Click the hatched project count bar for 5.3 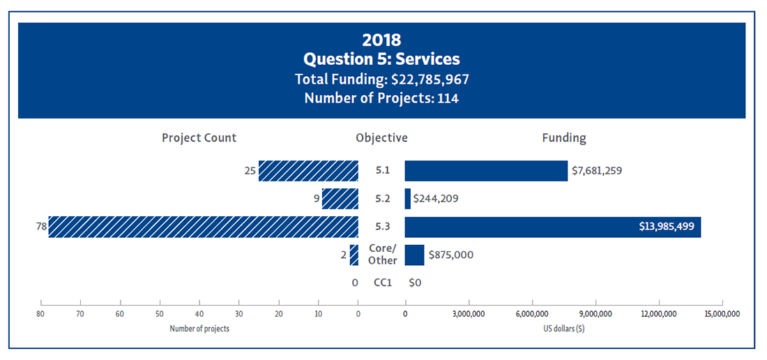[x=203, y=227]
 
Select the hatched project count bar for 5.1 [x=308, y=171]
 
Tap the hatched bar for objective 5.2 [x=340, y=199]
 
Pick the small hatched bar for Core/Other [x=354, y=255]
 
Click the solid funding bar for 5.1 [x=486, y=171]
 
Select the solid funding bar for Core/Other [x=414, y=255]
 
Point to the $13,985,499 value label [x=666, y=227]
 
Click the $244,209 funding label [x=436, y=199]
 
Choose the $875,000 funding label [x=450, y=255]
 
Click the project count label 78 [x=41, y=227]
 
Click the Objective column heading [x=381, y=137]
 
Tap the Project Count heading [x=199, y=137]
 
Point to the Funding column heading [x=564, y=137]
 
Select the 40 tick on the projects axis [x=199, y=314]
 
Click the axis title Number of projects [x=199, y=329]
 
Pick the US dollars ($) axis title [x=563, y=329]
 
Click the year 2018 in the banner [x=381, y=40]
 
